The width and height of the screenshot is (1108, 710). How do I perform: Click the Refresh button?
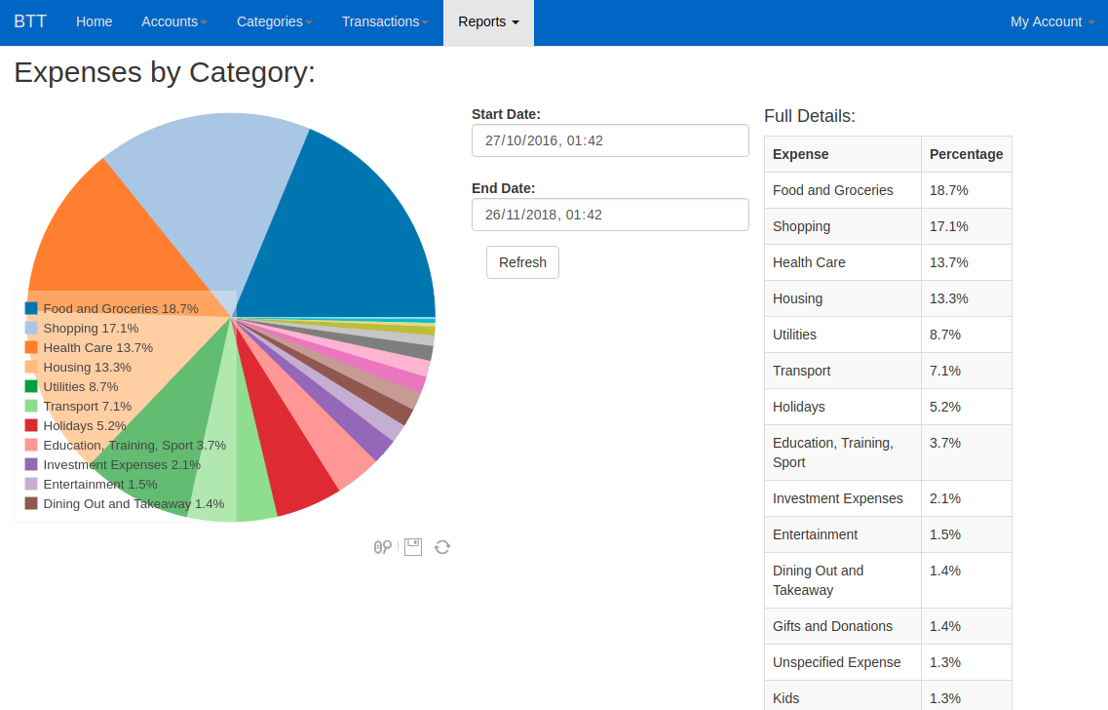(522, 262)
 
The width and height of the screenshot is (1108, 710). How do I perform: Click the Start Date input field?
(610, 140)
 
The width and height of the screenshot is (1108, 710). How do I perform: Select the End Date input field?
(610, 215)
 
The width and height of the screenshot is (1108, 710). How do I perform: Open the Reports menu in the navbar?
(488, 21)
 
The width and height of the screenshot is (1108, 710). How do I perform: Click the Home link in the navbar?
(94, 21)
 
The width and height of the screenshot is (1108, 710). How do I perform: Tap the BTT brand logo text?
(30, 21)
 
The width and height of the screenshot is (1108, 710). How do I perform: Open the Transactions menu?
(385, 21)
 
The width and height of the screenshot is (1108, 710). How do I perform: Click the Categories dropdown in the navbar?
(274, 21)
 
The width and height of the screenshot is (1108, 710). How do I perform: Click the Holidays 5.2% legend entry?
(84, 425)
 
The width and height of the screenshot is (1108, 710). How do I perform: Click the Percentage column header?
(966, 154)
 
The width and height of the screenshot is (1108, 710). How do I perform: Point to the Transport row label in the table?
(802, 371)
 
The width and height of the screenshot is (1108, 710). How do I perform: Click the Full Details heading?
(810, 116)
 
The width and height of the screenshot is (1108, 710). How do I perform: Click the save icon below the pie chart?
(413, 547)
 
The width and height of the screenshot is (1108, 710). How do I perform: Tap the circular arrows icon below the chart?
(442, 547)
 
